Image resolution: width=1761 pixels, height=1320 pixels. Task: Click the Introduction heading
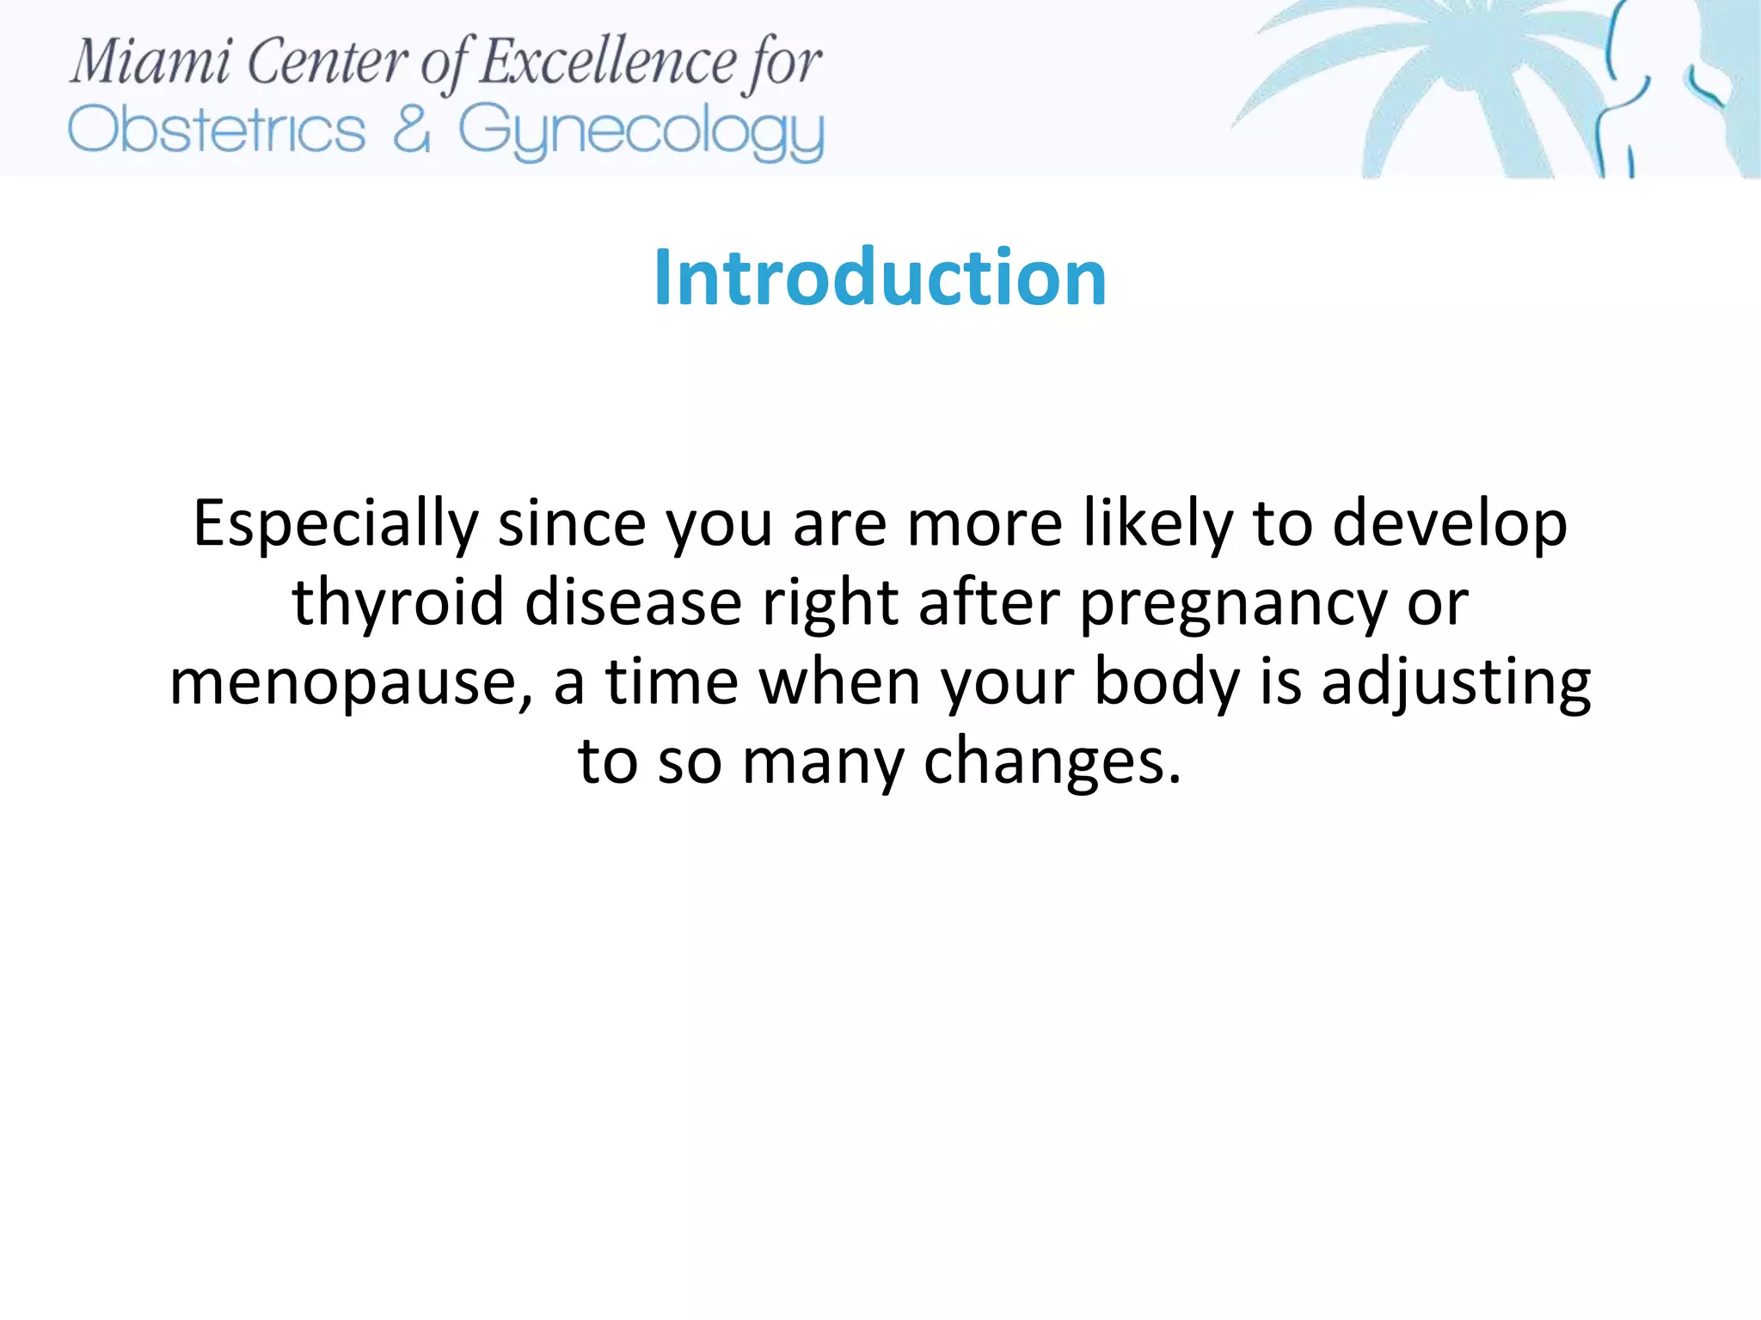880,278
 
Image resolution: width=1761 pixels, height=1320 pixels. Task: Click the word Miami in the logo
150,63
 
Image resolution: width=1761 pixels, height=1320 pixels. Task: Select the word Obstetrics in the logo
217,131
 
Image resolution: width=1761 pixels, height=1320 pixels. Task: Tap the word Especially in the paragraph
335,525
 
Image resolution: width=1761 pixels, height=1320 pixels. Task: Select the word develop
1450,525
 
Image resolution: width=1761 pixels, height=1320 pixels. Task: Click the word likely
1157,525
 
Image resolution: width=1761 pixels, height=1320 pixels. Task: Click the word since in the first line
572,525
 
